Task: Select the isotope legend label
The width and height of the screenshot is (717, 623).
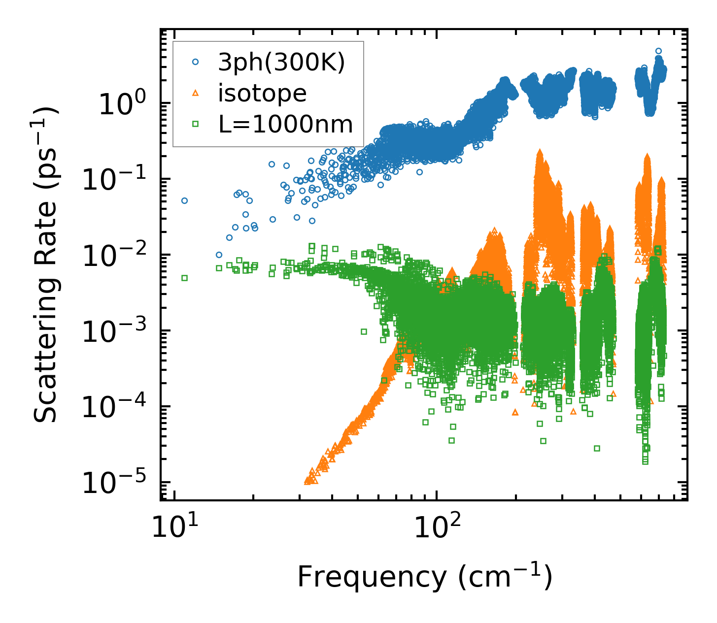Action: point(262,93)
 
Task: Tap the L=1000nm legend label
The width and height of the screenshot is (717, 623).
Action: point(286,125)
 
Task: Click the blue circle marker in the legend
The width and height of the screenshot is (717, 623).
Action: point(196,62)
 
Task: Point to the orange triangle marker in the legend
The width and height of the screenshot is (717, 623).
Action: point(196,93)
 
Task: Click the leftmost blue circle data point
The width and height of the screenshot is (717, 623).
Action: point(185,200)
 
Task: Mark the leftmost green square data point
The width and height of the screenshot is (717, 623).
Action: point(185,278)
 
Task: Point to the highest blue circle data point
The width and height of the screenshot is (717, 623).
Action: point(658,51)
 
